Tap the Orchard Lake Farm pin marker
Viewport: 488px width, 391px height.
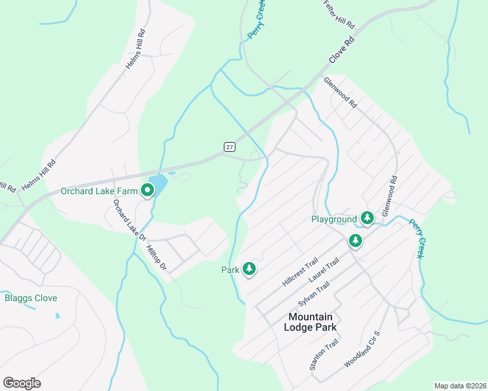click(x=147, y=190)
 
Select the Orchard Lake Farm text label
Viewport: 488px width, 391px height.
click(x=99, y=191)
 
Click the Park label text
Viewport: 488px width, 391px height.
click(x=231, y=269)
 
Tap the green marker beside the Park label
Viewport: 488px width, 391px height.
click(x=249, y=268)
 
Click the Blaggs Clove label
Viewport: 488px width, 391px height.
click(x=31, y=298)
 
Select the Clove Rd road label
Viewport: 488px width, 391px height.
click(x=341, y=50)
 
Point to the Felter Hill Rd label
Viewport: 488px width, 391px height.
click(x=339, y=14)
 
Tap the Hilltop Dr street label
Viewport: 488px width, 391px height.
click(x=157, y=255)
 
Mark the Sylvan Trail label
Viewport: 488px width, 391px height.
click(x=314, y=295)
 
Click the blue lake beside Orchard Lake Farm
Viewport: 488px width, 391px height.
click(x=157, y=183)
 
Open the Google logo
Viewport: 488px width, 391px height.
click(x=22, y=383)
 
